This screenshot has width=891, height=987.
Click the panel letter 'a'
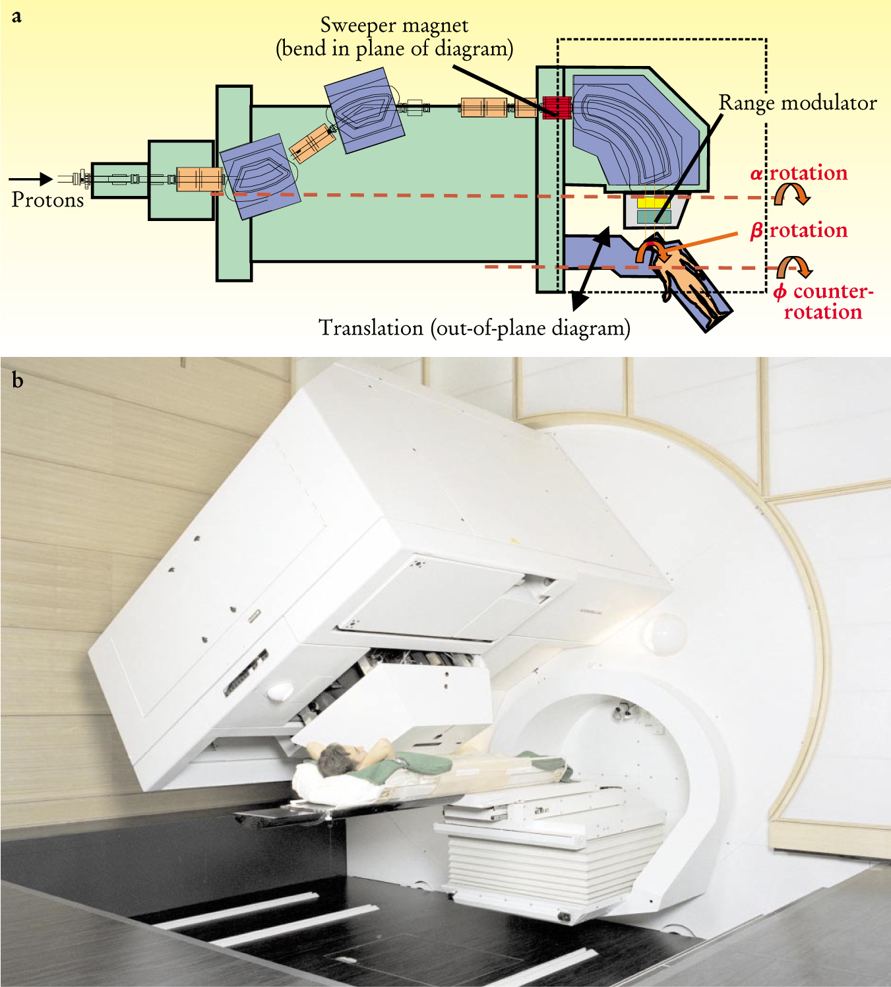(16, 16)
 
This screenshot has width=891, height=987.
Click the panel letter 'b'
(17, 381)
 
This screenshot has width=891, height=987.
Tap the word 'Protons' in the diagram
(47, 200)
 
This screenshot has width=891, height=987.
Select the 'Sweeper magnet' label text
(394, 26)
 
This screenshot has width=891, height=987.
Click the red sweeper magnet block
(556, 107)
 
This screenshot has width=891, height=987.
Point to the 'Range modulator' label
(797, 103)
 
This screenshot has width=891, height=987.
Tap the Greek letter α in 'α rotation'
(756, 174)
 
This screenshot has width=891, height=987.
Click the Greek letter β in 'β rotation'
(756, 231)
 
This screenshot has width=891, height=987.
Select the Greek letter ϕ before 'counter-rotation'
(780, 292)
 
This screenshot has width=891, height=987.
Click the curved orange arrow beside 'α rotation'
(791, 193)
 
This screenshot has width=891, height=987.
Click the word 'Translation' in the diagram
(371, 328)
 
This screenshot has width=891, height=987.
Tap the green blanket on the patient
(422, 765)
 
